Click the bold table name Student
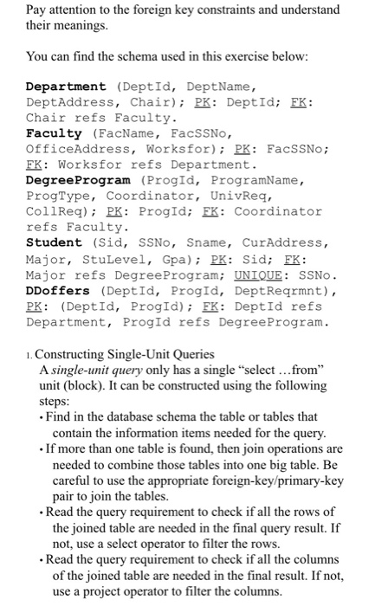(55, 242)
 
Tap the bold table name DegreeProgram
(77, 179)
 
